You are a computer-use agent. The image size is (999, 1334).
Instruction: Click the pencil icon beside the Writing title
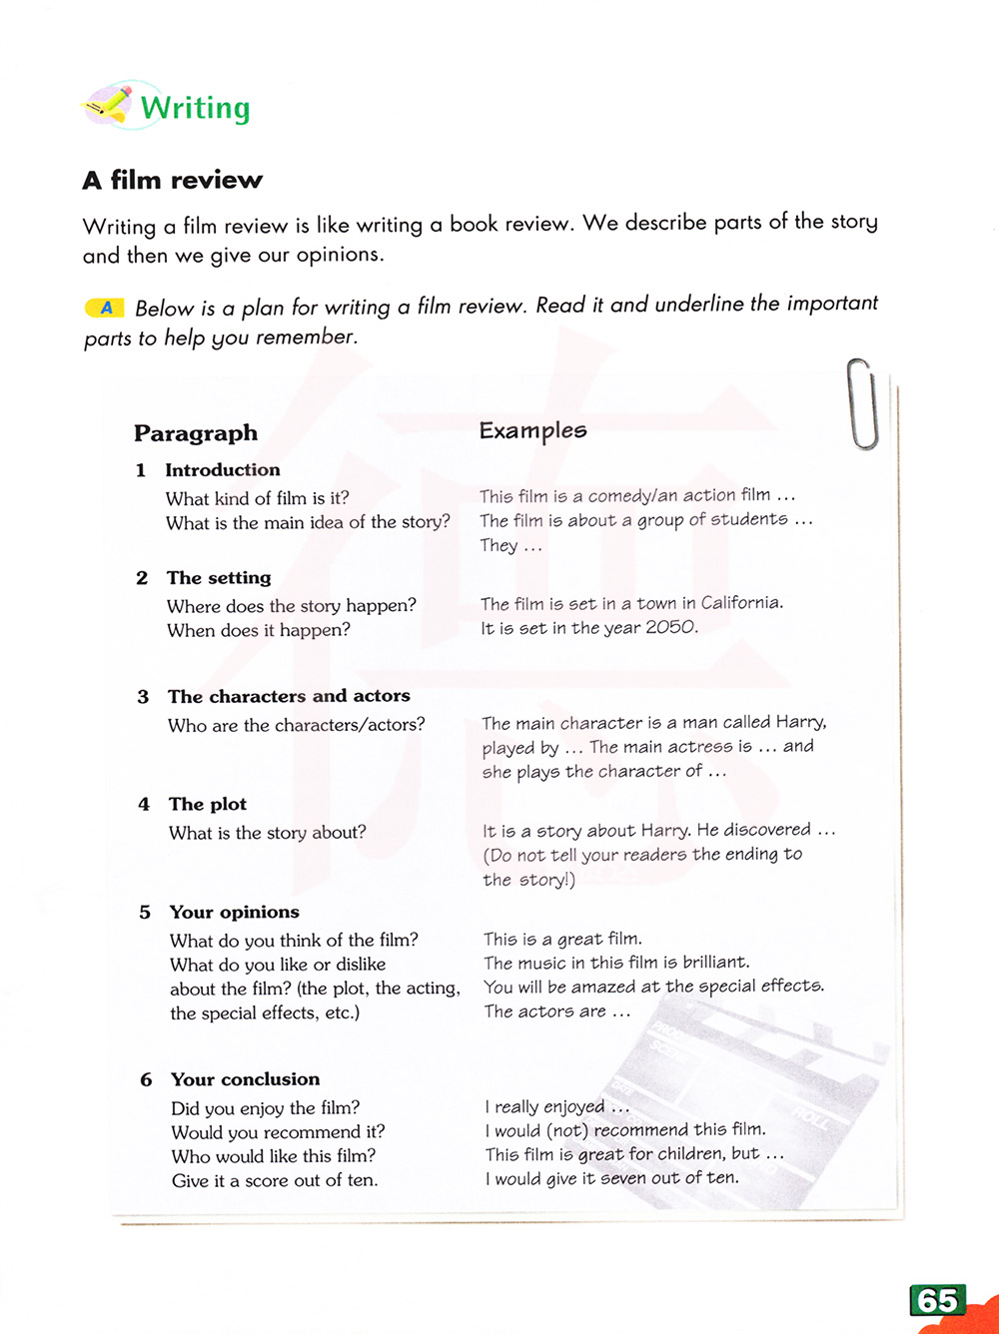(109, 104)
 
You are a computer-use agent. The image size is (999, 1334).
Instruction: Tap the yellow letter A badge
(105, 308)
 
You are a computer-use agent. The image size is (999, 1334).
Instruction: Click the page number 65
(937, 1300)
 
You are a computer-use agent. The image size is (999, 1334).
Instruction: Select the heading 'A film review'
(172, 180)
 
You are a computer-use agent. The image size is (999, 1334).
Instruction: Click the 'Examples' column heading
(532, 430)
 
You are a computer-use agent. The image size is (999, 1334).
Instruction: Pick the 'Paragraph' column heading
(196, 432)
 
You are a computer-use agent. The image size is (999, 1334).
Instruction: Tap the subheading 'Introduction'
(222, 469)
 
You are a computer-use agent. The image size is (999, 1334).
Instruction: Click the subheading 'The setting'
(219, 577)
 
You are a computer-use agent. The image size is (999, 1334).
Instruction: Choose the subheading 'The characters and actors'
(289, 696)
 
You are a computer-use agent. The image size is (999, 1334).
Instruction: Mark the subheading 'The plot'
(207, 804)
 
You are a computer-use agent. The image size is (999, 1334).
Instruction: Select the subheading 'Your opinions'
(234, 912)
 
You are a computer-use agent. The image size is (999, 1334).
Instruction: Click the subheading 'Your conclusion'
(245, 1079)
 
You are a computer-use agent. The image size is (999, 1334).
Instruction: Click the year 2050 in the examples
(671, 627)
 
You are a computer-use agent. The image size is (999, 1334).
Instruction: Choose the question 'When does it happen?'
(259, 630)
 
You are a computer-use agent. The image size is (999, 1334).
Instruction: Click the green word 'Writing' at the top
(195, 108)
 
